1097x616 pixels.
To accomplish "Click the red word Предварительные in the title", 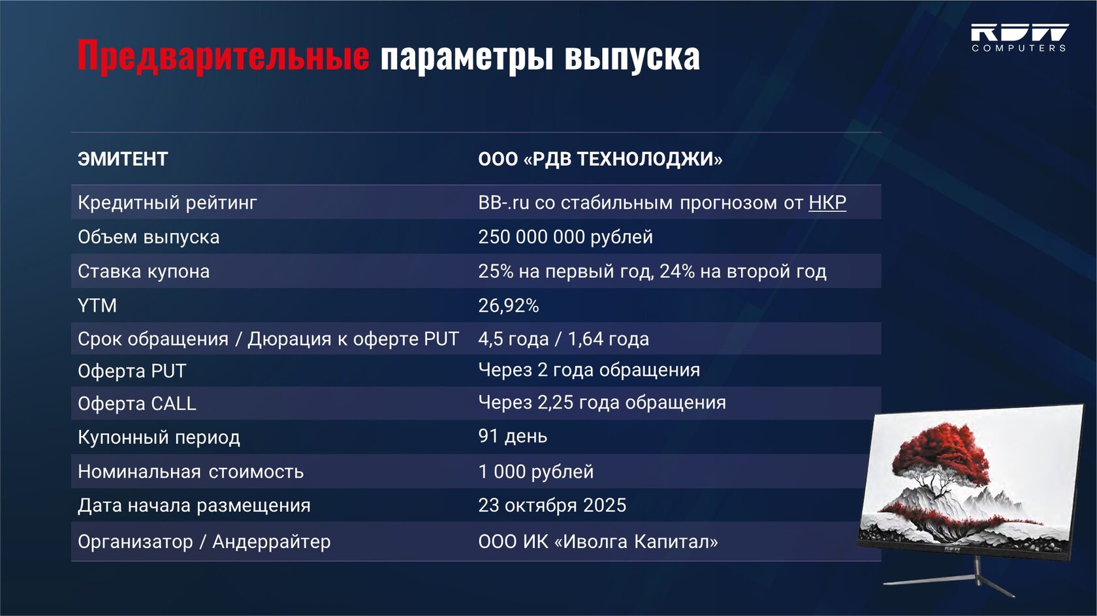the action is pos(223,56).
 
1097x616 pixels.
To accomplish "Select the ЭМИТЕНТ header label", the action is pos(123,159).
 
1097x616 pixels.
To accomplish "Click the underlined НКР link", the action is pos(827,202).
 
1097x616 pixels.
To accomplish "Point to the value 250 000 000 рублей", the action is pos(565,237).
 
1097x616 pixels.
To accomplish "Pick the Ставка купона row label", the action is pos(144,271).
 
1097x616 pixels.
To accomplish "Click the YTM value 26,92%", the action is pos(508,305).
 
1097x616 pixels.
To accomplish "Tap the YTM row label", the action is pos(97,305).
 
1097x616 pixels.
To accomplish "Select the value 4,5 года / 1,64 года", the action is pos(564,339).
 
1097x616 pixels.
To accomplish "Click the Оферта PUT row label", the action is pos(132,371).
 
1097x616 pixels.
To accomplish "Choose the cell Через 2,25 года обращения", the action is pos(602,402).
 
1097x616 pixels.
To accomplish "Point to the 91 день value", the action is pos(513,436).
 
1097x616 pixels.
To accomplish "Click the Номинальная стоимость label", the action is pos(191,472).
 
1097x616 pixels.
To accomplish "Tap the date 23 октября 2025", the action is pos(552,505).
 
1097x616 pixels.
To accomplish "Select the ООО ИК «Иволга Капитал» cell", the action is pos(598,542).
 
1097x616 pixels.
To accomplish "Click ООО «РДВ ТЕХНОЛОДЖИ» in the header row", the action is pos(601,159).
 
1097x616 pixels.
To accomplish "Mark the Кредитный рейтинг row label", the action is pos(167,202).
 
